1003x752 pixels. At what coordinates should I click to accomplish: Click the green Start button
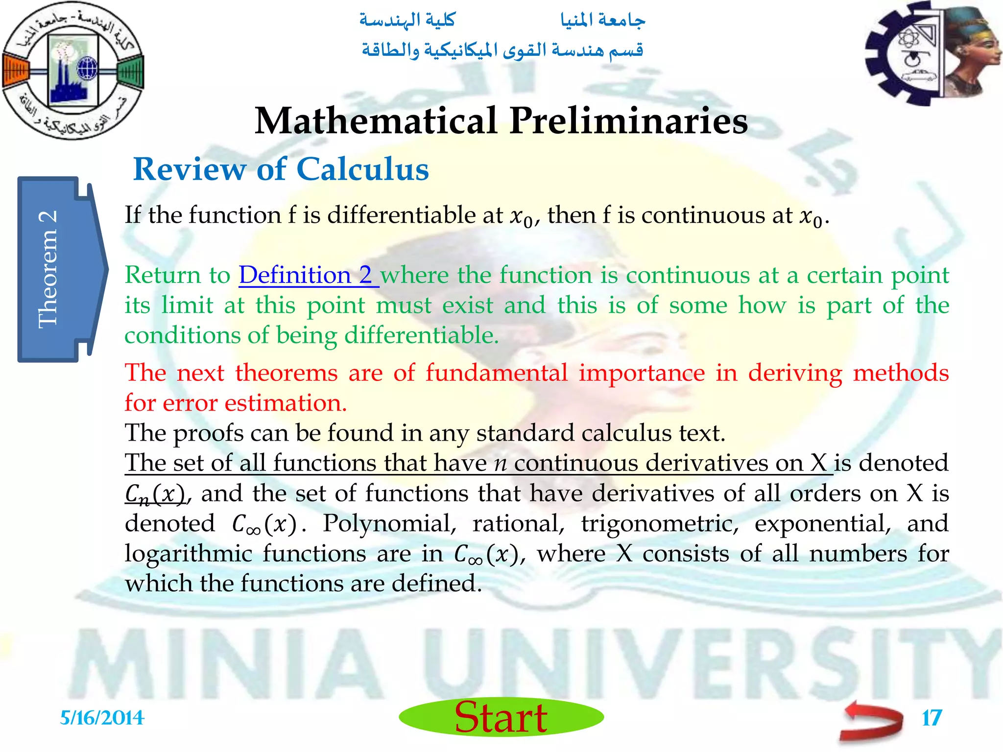(501, 717)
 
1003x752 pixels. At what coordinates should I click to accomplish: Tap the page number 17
(931, 718)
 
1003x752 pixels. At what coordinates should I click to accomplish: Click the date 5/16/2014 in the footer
(102, 718)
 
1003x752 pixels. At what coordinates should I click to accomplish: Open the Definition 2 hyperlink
(309, 275)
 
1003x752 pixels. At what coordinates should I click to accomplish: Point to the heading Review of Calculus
(281, 169)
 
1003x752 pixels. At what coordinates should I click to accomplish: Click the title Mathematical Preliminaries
(501, 121)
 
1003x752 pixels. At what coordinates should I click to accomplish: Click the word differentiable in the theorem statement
(414, 215)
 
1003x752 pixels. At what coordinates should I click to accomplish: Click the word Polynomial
(389, 523)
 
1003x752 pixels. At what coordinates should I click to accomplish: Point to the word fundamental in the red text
(497, 373)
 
